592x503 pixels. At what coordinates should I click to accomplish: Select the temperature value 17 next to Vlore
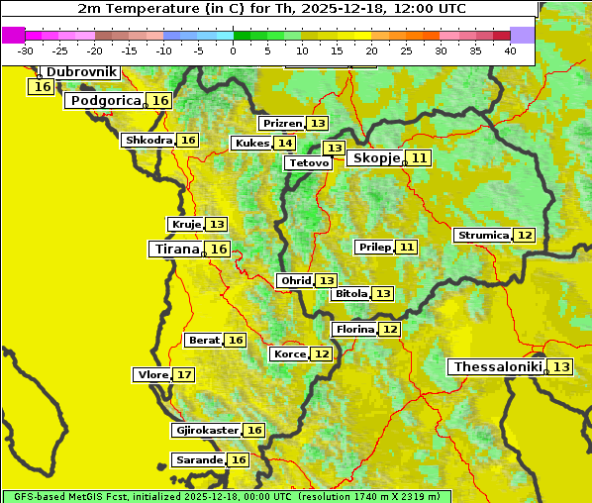[184, 374]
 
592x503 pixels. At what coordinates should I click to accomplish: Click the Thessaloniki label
[497, 367]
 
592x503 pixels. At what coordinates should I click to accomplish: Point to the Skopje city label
[376, 158]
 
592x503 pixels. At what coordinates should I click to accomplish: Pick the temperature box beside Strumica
[525, 236]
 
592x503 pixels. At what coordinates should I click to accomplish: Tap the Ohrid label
[295, 281]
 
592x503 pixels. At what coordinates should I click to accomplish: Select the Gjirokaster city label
[206, 431]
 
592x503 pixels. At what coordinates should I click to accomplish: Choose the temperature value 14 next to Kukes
[285, 144]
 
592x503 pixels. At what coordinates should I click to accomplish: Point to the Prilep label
[374, 247]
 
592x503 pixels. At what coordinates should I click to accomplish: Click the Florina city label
[354, 329]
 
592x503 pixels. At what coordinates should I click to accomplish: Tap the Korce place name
[289, 354]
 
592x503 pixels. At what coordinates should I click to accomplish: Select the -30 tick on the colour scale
[26, 50]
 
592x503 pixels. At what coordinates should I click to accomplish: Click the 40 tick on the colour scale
[510, 50]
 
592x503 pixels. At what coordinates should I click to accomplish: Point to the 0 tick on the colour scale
[233, 50]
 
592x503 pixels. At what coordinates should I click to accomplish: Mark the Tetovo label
[309, 162]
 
